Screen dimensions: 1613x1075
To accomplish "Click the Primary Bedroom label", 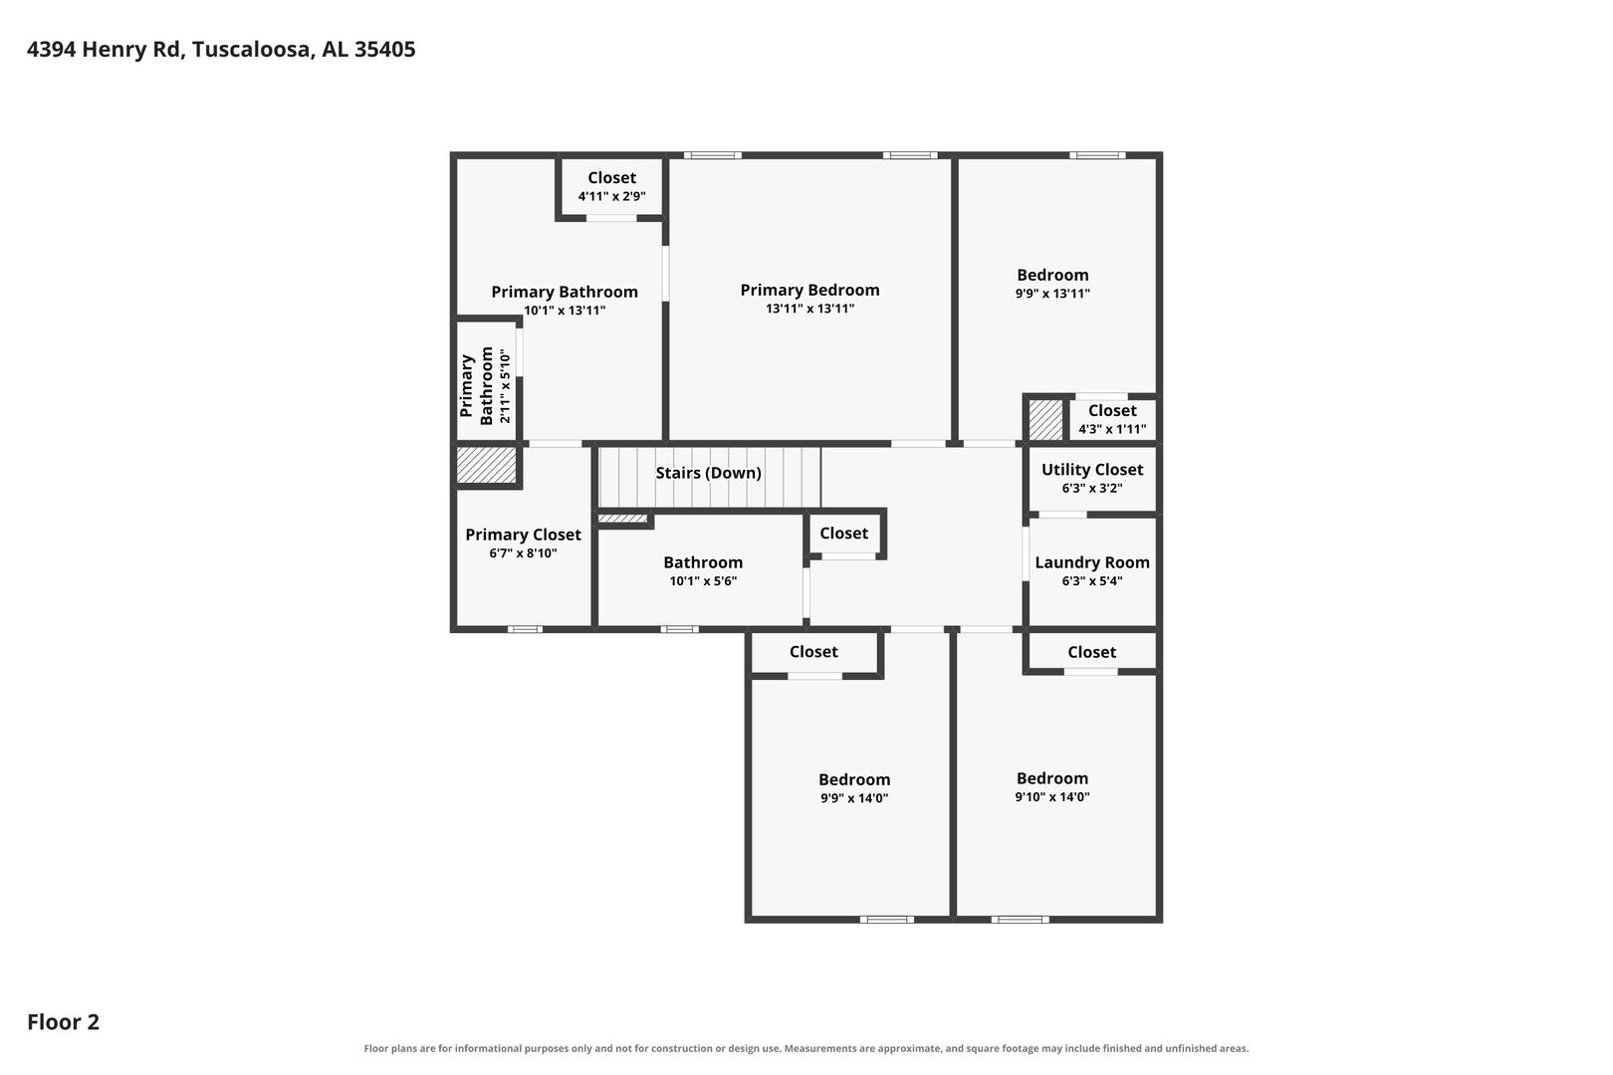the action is tap(809, 291).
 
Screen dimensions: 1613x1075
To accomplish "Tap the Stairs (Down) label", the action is tap(708, 473).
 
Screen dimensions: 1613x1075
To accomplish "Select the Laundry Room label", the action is tap(1091, 562).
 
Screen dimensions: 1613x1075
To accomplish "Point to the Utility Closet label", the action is tap(1091, 470).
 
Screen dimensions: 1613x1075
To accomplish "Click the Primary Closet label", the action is tap(523, 535).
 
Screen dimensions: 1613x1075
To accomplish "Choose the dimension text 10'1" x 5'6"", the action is tap(703, 581).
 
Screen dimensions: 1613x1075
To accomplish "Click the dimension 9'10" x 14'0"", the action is tap(1052, 797).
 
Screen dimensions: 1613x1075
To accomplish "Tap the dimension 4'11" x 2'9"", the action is tap(611, 196).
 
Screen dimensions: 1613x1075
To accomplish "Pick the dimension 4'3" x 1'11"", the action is tap(1112, 430).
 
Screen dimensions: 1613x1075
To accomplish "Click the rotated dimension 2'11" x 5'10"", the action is tap(505, 386).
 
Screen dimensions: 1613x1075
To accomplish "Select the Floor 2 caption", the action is tap(64, 1021).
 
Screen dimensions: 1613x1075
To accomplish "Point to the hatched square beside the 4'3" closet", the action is tap(1044, 420).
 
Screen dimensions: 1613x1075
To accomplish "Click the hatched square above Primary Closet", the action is tap(486, 465).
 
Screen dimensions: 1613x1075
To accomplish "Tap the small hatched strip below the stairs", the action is tap(622, 519).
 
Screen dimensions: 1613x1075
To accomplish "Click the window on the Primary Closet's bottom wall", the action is tap(525, 629).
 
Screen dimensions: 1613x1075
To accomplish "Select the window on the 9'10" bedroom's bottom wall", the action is tap(1020, 920).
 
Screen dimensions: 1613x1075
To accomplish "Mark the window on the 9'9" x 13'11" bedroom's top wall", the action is tap(1096, 155).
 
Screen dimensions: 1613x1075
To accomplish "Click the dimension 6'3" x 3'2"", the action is tap(1091, 488).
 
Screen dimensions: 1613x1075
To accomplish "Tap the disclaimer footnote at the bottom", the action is tap(806, 1048).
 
